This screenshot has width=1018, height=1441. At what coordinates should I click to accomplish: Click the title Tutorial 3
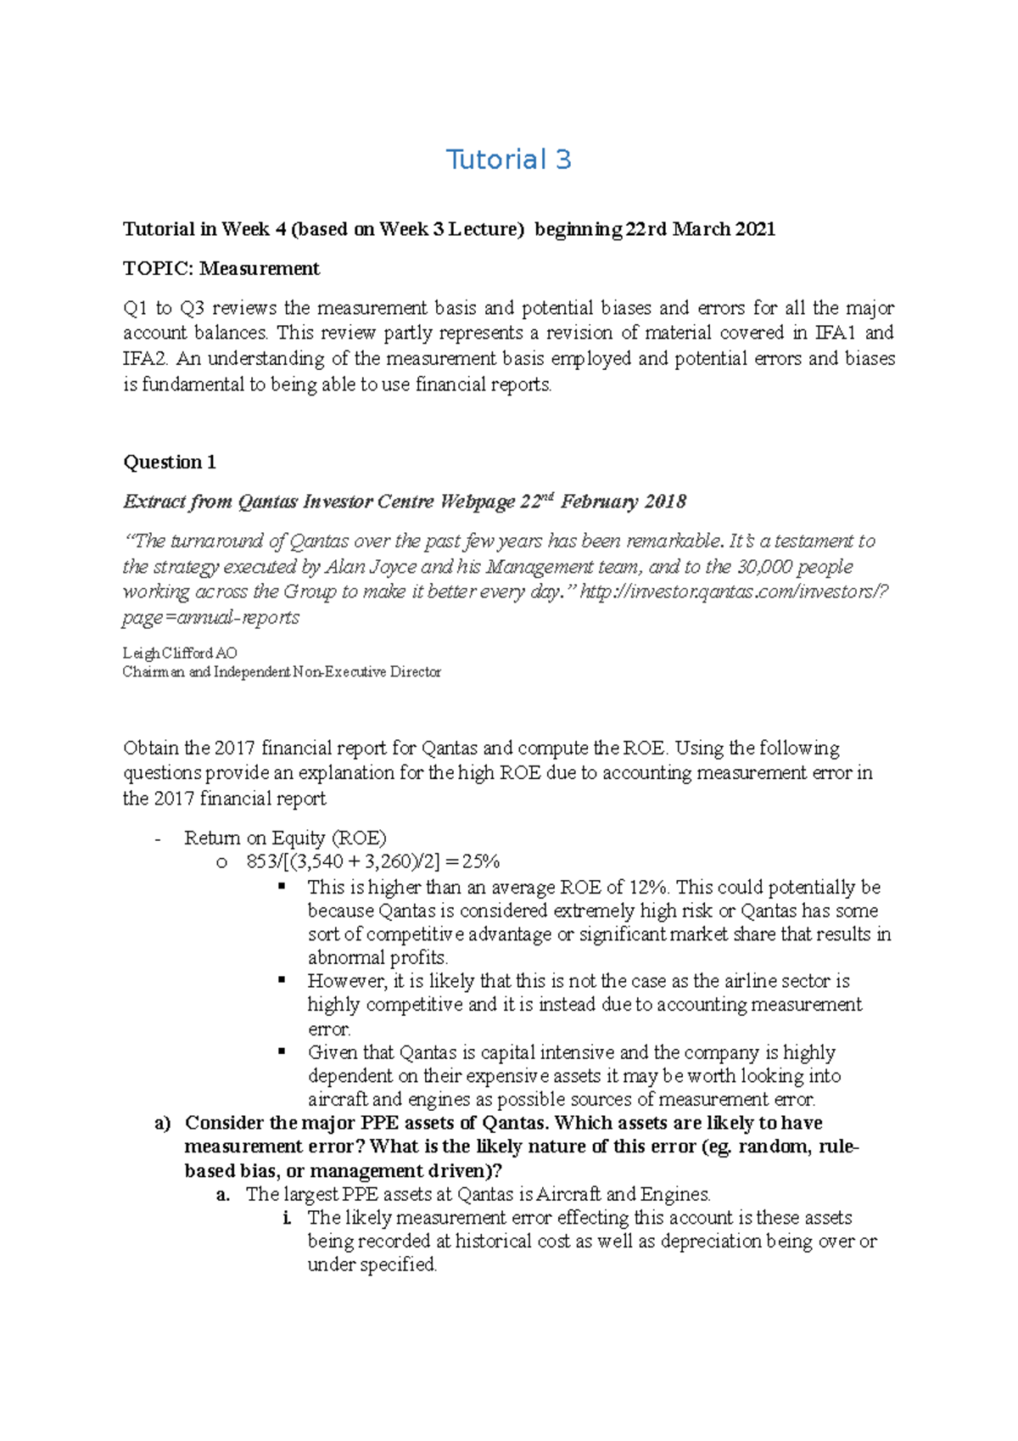click(x=508, y=160)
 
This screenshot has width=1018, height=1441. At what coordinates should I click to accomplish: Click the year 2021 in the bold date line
click(x=754, y=229)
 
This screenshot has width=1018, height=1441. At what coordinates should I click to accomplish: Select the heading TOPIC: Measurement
click(x=221, y=269)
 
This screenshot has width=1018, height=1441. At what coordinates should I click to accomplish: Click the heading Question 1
click(x=170, y=463)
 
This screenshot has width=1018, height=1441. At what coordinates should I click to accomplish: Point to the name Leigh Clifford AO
click(x=180, y=653)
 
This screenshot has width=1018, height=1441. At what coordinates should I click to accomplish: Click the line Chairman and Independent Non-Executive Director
click(x=282, y=672)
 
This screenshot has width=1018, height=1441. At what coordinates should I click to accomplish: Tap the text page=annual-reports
click(x=210, y=618)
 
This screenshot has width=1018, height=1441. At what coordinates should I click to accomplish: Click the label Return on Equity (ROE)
click(x=285, y=838)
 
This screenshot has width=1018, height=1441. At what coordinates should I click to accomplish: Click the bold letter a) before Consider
click(x=163, y=1124)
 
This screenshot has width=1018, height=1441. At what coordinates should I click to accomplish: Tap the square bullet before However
click(x=282, y=980)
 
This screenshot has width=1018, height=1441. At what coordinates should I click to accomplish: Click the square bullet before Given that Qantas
click(x=282, y=1051)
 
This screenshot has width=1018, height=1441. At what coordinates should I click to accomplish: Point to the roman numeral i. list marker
click(x=288, y=1219)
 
